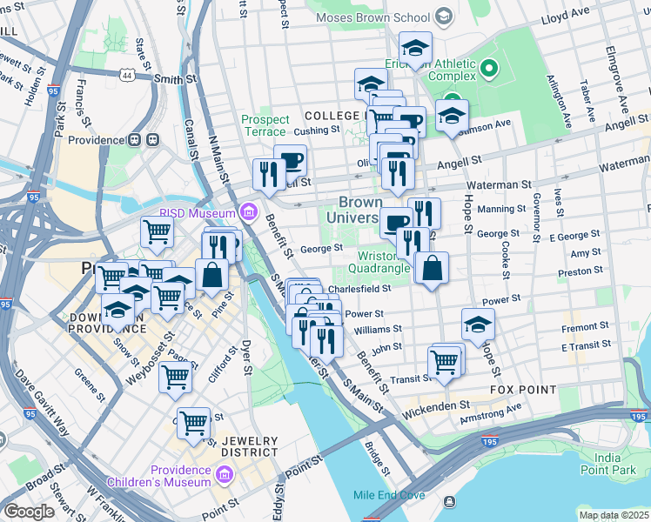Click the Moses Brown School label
pyautogui.click(x=375, y=17)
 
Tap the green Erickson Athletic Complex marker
pyautogui.click(x=488, y=67)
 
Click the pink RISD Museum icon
pyautogui.click(x=249, y=212)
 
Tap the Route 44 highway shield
pyautogui.click(x=127, y=77)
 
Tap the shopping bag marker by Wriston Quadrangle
pyautogui.click(x=432, y=268)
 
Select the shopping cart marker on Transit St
pyautogui.click(x=445, y=361)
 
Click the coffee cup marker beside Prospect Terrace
pyautogui.click(x=290, y=160)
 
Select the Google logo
pyautogui.click(x=29, y=512)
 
